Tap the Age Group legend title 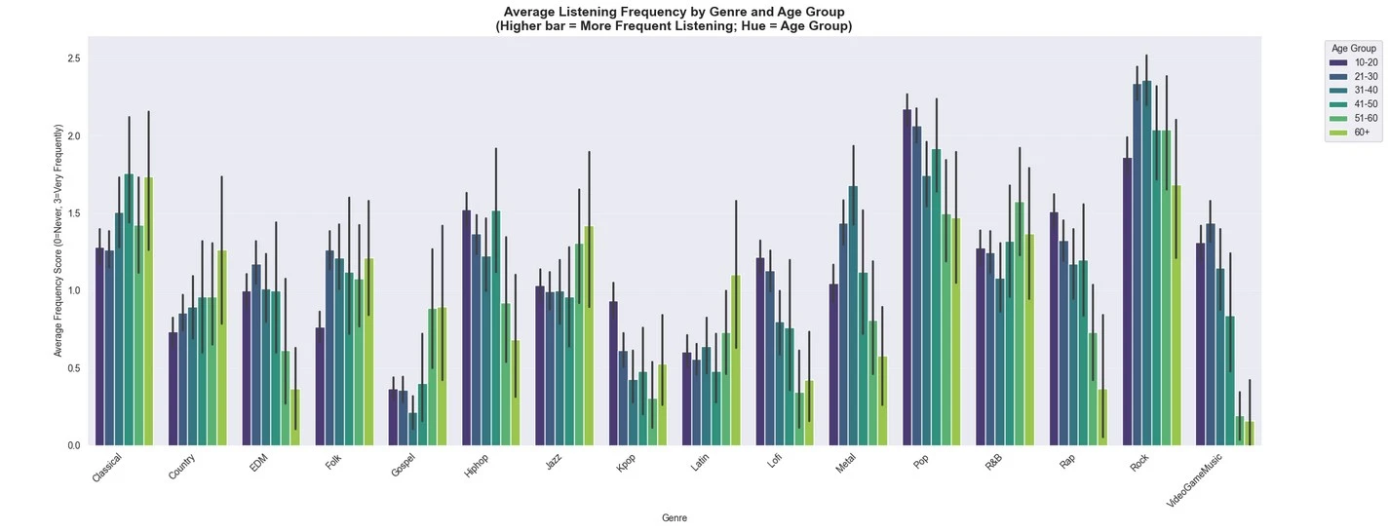1353,48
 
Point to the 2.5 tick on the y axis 72,58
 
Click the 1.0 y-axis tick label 72,291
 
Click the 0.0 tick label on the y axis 72,446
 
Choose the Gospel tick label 402,467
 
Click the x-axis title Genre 674,518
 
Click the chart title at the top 674,19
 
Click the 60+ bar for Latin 736,361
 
